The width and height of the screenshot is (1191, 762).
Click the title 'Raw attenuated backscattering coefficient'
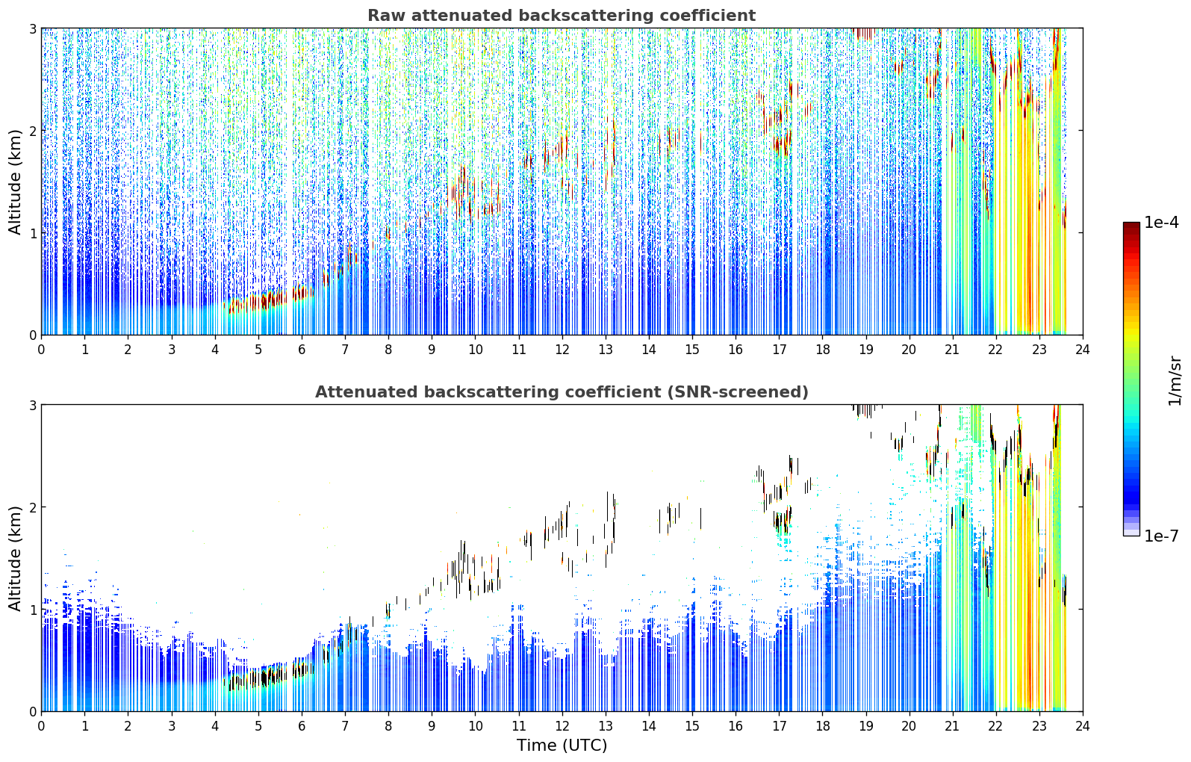tap(562, 16)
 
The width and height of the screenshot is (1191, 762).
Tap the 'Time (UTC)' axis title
tap(562, 745)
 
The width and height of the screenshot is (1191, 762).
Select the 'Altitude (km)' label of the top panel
tap(15, 182)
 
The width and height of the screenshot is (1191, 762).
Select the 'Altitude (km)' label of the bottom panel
tap(15, 558)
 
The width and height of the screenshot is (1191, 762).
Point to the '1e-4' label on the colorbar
tap(1160, 223)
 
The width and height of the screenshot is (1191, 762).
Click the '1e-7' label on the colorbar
tap(1160, 536)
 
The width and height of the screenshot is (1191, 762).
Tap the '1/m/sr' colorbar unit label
tap(1175, 381)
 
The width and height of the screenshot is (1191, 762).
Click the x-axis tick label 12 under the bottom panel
tap(562, 726)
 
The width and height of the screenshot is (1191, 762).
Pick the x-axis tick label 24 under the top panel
tap(1083, 350)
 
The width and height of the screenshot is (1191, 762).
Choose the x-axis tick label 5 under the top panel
tap(258, 350)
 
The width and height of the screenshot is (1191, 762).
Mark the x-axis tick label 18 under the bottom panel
tap(823, 726)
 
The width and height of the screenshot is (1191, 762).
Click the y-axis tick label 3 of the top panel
tap(32, 28)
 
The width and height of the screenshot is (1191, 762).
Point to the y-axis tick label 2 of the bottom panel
tap(32, 507)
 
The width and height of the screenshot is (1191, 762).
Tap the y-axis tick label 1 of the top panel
tap(32, 233)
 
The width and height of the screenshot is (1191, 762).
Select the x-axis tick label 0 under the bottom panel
tap(42, 726)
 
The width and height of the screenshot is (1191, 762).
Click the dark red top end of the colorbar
tap(1131, 226)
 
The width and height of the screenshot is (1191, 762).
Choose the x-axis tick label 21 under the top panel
tap(952, 350)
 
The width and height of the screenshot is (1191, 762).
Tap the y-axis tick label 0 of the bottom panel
tap(32, 711)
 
